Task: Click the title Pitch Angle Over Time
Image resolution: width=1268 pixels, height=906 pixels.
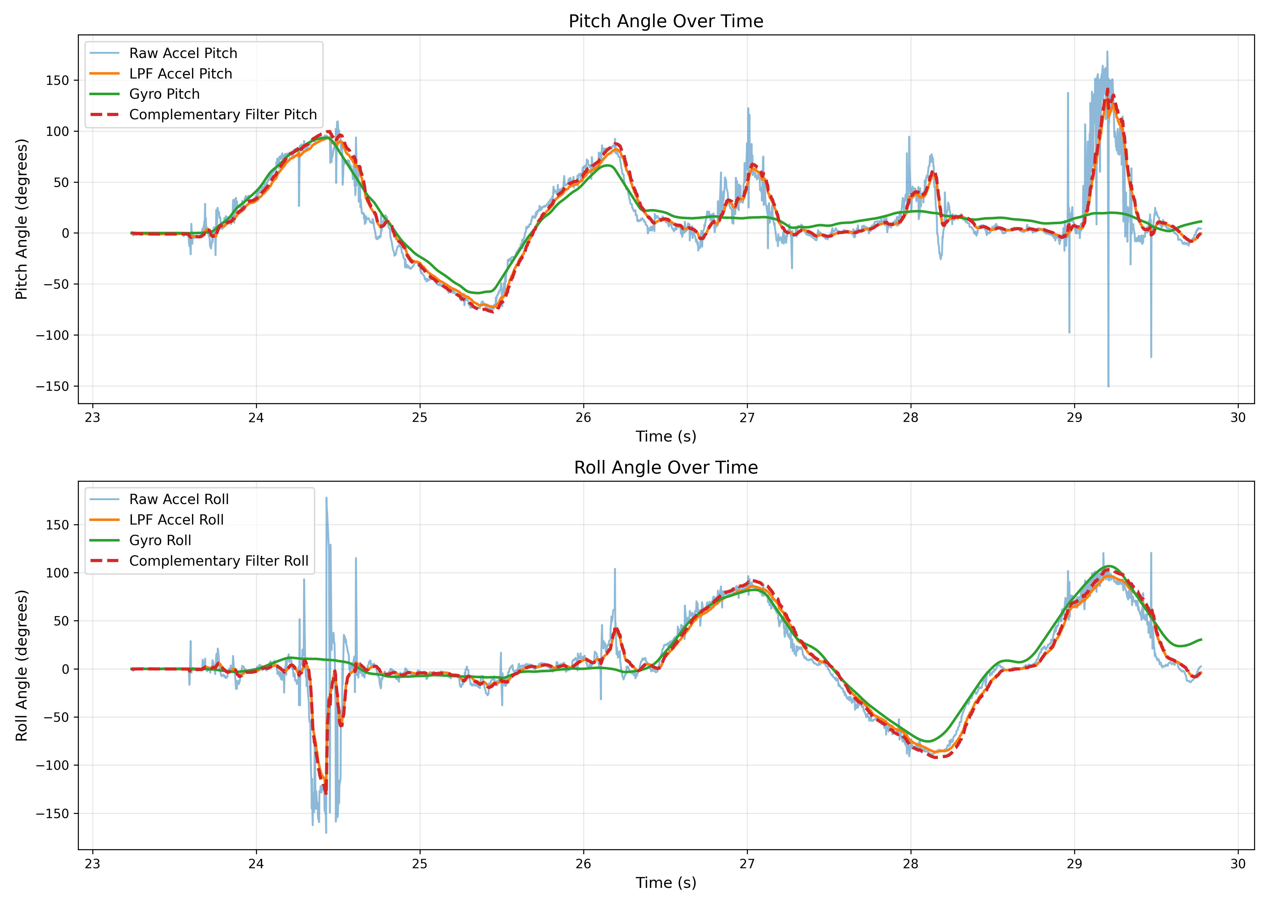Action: coord(666,21)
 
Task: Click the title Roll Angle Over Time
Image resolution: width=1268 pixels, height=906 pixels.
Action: coord(666,467)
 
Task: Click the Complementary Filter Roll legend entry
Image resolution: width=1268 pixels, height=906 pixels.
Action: coord(219,561)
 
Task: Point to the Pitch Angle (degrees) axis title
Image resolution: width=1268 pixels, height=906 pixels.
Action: coord(21,219)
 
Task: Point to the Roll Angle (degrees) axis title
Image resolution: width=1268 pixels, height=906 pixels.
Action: coord(21,666)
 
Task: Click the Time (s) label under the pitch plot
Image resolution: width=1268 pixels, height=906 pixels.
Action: coord(666,436)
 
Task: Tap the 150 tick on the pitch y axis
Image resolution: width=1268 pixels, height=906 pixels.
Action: coord(57,80)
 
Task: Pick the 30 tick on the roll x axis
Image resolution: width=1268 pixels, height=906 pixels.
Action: coord(1238,864)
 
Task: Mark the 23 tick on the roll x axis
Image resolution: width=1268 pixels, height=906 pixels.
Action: coord(93,864)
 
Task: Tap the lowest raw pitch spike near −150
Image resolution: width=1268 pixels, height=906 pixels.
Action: coord(1108,386)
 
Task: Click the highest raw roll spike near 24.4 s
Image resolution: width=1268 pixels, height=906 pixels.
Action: coord(326,498)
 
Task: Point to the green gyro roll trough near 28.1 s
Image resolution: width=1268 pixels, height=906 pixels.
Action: coord(928,741)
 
